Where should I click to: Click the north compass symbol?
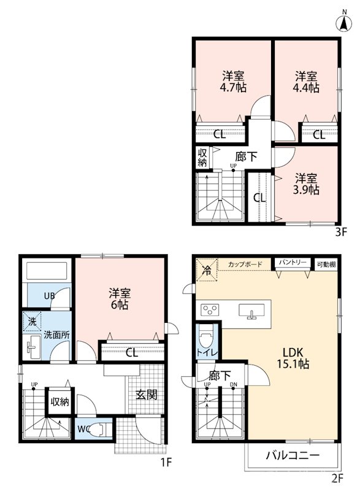344,23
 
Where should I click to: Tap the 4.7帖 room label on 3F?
233,82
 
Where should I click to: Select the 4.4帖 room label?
306,82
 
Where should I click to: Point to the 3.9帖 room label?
306,184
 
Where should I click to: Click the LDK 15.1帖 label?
293,358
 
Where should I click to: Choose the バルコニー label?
293,455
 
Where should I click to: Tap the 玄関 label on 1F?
146,395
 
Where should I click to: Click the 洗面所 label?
56,334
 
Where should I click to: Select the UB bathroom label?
49,295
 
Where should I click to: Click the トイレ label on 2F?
207,352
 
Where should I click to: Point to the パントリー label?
293,263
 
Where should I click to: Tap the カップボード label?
245,265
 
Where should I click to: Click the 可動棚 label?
326,265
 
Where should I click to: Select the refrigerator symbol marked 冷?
207,269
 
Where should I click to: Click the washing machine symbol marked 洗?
32,322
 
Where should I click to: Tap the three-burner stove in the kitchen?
209,311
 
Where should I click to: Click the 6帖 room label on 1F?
120,299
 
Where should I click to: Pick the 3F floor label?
341,232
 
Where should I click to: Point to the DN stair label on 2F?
233,385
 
